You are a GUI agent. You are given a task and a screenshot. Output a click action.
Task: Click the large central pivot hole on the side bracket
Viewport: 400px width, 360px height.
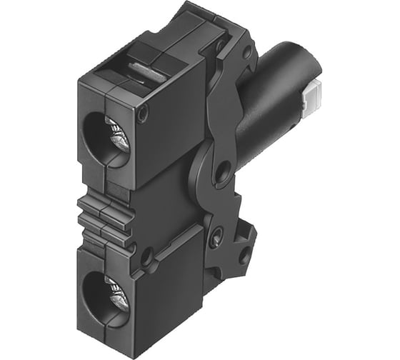click(222, 170)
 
